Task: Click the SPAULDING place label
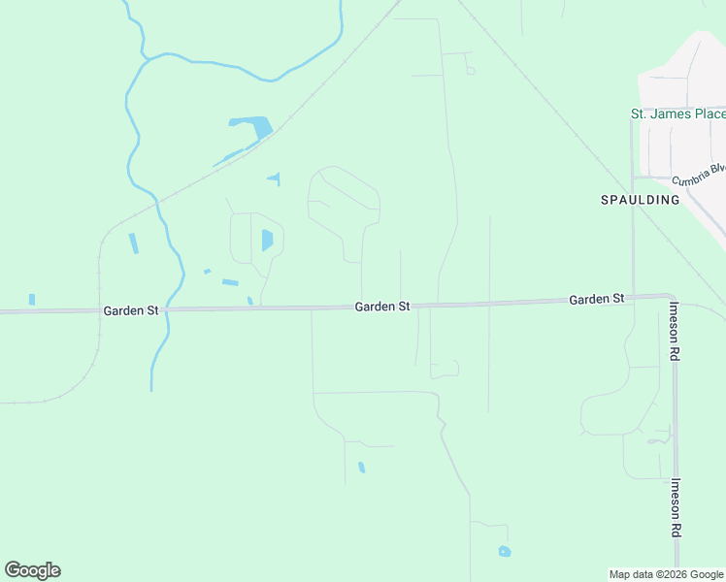click(x=639, y=200)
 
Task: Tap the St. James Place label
click(x=677, y=114)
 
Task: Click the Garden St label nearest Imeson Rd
click(x=596, y=300)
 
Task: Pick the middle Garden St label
click(x=381, y=307)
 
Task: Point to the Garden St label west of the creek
click(x=131, y=310)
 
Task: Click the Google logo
click(x=32, y=570)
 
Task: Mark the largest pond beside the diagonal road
click(x=251, y=125)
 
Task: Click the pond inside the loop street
click(x=267, y=240)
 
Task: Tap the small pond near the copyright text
click(x=504, y=552)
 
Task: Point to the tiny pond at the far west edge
click(x=32, y=299)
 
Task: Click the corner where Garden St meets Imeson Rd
click(x=670, y=296)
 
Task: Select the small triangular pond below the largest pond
click(x=275, y=178)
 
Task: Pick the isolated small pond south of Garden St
click(x=361, y=468)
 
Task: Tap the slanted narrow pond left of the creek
click(x=134, y=243)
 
